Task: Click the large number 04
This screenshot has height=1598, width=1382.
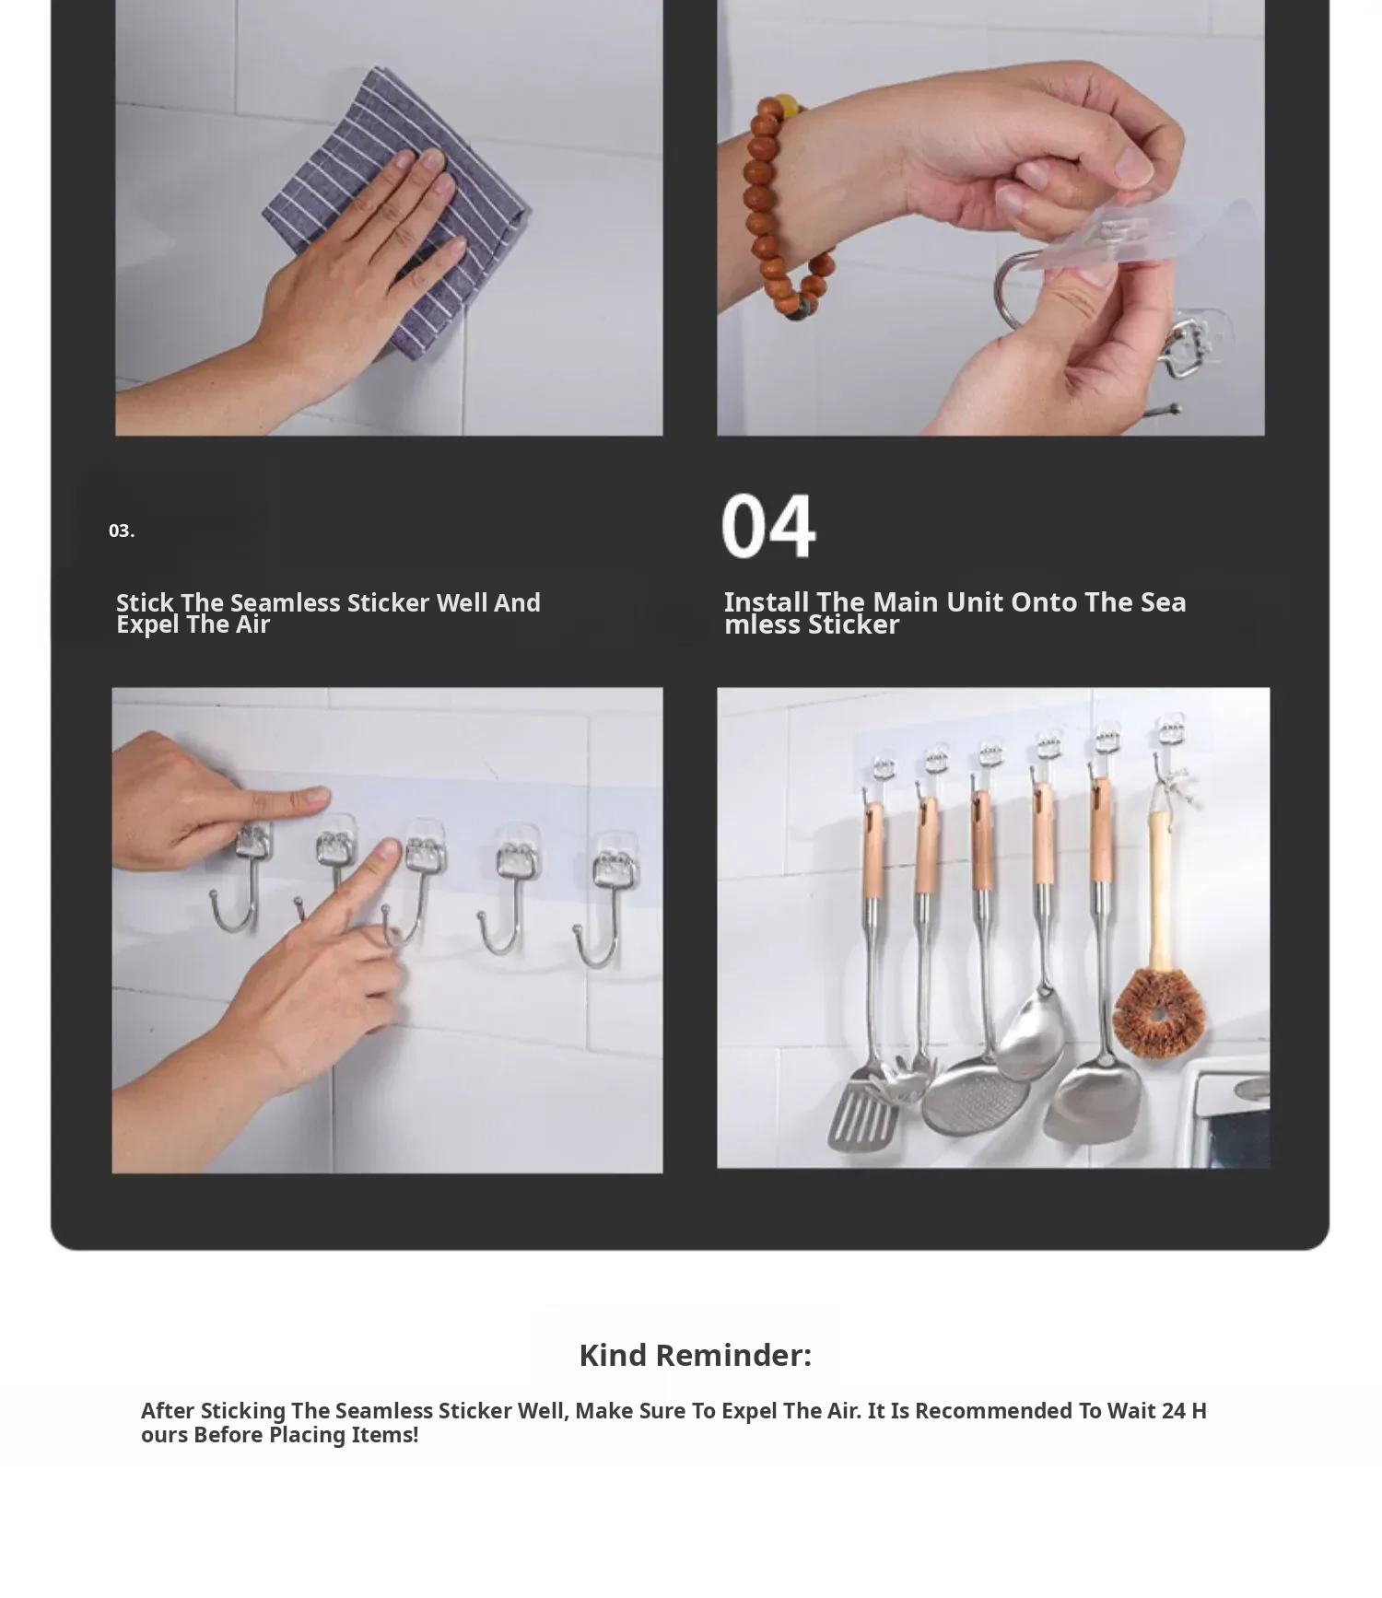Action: [768, 525]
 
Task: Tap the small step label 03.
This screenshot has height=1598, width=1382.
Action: [122, 531]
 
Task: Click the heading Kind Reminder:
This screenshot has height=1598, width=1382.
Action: [695, 1355]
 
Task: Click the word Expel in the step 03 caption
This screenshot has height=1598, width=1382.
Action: [147, 625]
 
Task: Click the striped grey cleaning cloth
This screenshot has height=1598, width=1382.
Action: [397, 213]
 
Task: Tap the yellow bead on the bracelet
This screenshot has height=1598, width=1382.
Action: [786, 105]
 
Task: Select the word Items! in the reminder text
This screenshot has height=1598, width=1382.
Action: [385, 1435]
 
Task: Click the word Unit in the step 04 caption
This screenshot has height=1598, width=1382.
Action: [975, 602]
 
